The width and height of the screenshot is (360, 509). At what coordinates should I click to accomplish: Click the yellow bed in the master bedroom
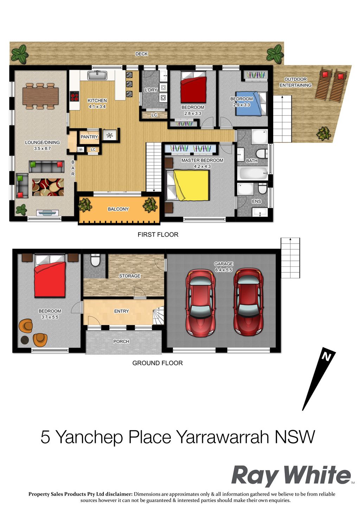[188, 185]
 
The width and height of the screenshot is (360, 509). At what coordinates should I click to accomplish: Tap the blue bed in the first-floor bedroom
[251, 103]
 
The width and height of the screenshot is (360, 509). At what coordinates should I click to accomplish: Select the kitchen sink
[97, 75]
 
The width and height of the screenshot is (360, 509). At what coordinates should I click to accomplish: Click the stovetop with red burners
[74, 96]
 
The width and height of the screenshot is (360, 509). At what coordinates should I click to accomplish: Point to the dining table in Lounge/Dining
[41, 96]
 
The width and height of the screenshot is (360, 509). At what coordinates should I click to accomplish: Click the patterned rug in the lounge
[48, 187]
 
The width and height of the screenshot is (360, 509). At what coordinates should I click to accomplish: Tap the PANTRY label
[89, 137]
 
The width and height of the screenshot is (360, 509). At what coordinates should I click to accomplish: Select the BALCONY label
[118, 209]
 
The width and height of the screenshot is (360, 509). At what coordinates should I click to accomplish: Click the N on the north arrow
[326, 357]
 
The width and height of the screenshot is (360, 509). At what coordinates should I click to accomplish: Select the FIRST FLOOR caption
[158, 234]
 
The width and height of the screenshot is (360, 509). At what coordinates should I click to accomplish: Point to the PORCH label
[121, 342]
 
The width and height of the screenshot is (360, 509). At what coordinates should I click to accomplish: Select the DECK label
[141, 54]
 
